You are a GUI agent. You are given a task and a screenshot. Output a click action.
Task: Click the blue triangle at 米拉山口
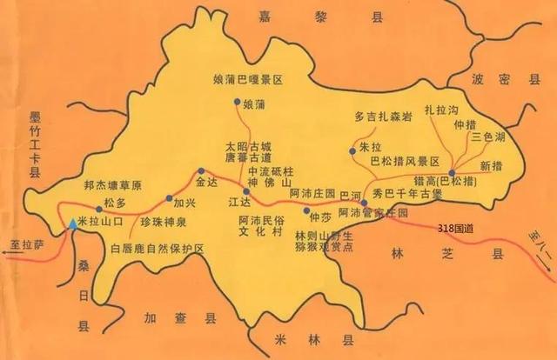(73, 223)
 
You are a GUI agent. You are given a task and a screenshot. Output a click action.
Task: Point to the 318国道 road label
(455, 228)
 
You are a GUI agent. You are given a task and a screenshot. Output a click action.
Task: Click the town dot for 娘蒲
(237, 103)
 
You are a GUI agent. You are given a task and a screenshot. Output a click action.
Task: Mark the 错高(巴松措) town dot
(453, 172)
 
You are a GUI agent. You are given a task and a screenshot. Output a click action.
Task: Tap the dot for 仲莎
(306, 210)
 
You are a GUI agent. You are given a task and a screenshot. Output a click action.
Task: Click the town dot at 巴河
(363, 202)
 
